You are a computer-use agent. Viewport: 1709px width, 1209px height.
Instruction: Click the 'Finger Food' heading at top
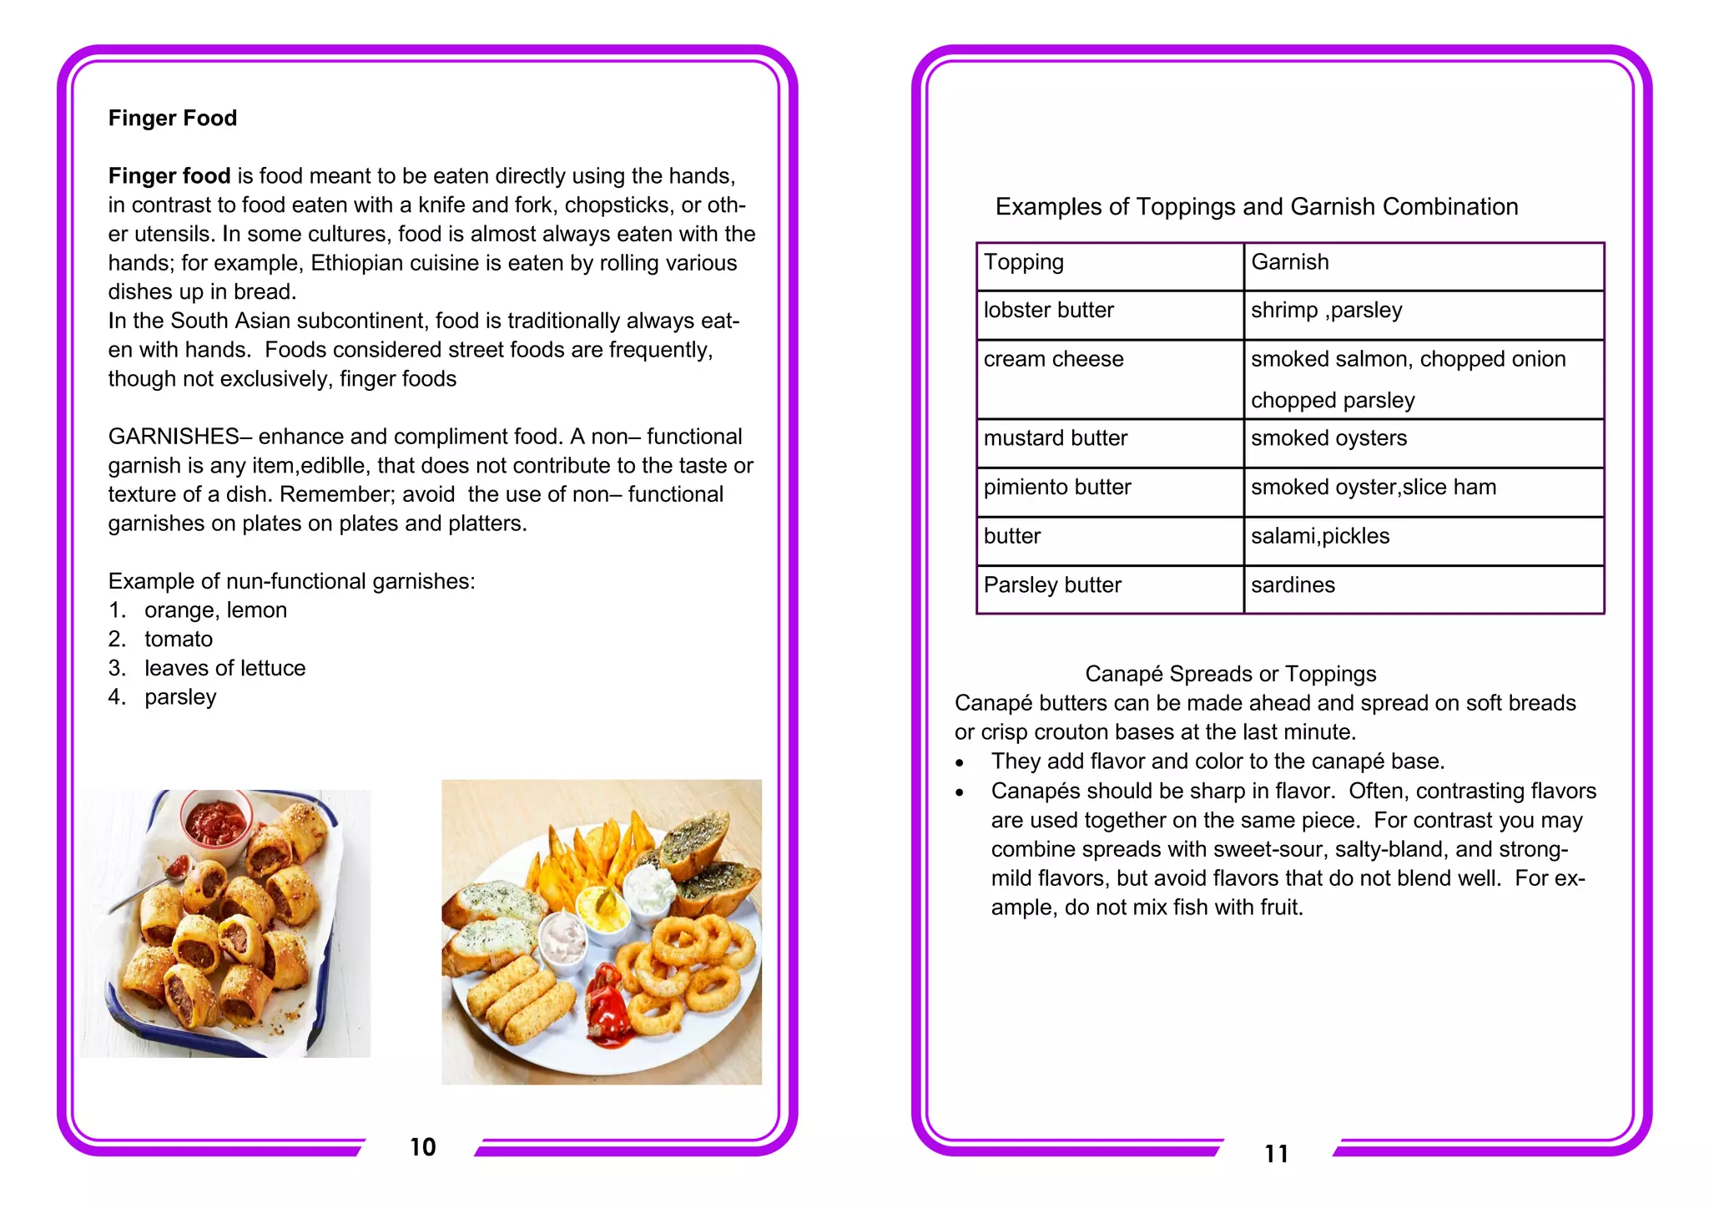click(173, 119)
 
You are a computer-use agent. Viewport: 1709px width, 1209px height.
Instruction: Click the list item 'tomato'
click(179, 640)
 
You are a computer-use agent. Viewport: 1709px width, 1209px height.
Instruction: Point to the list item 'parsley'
click(180, 697)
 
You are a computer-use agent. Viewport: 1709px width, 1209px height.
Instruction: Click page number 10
click(423, 1147)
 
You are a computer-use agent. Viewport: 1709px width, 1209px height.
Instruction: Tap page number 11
click(1277, 1154)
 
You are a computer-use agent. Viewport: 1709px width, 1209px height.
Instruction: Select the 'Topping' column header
click(1024, 262)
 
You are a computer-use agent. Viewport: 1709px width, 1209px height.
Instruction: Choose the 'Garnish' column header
click(1290, 262)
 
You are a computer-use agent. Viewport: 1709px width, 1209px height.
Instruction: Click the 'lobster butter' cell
click(1049, 311)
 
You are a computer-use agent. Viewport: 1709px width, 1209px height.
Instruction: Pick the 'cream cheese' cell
click(1054, 360)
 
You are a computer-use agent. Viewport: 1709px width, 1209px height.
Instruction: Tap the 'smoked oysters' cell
click(1329, 438)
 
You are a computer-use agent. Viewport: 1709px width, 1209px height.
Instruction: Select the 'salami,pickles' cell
click(1320, 536)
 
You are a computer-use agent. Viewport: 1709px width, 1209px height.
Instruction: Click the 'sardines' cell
click(1293, 585)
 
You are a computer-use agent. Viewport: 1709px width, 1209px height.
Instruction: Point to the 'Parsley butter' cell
click(1052, 585)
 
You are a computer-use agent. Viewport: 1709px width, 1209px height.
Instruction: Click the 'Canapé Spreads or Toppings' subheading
click(1231, 674)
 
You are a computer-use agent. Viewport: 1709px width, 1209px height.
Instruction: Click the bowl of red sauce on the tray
click(216, 822)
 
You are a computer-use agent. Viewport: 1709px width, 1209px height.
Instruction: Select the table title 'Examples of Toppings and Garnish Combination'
click(1257, 207)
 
